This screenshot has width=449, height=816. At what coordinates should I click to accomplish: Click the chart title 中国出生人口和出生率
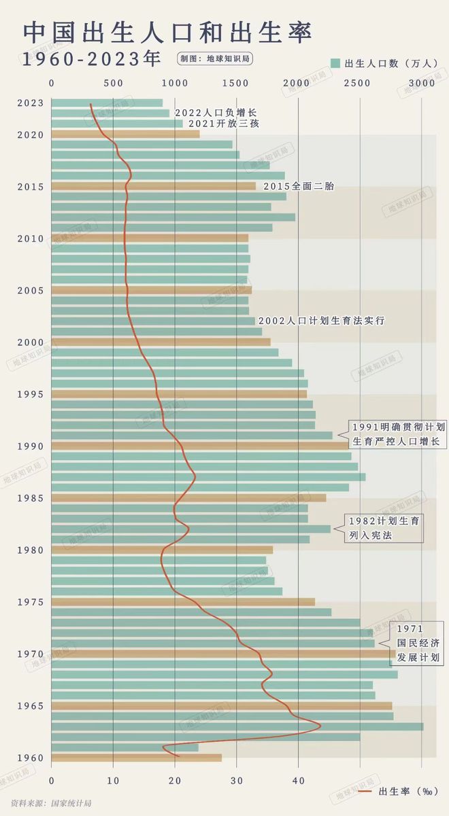(x=167, y=32)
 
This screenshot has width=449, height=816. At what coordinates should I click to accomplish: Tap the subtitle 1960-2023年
(x=91, y=59)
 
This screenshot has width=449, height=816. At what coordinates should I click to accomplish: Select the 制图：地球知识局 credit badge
(x=215, y=59)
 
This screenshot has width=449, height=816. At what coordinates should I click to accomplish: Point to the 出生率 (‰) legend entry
(x=390, y=792)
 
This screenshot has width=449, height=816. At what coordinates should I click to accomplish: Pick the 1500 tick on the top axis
(x=236, y=83)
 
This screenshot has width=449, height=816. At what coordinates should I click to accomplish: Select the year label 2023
(x=31, y=103)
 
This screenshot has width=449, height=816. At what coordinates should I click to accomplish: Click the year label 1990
(x=31, y=446)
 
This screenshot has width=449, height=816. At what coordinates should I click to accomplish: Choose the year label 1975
(x=31, y=602)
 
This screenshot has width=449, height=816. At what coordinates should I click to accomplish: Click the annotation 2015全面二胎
(x=299, y=186)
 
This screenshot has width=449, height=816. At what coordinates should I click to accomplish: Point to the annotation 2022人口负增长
(x=216, y=113)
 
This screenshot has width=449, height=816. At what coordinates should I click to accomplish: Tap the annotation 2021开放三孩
(x=224, y=124)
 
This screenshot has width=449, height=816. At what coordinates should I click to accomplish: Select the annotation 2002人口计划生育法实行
(x=322, y=320)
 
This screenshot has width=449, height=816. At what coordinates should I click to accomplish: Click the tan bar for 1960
(x=136, y=758)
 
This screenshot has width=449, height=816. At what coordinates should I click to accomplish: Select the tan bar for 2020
(x=125, y=134)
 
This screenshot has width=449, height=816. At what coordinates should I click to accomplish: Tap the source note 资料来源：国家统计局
(x=46, y=803)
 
